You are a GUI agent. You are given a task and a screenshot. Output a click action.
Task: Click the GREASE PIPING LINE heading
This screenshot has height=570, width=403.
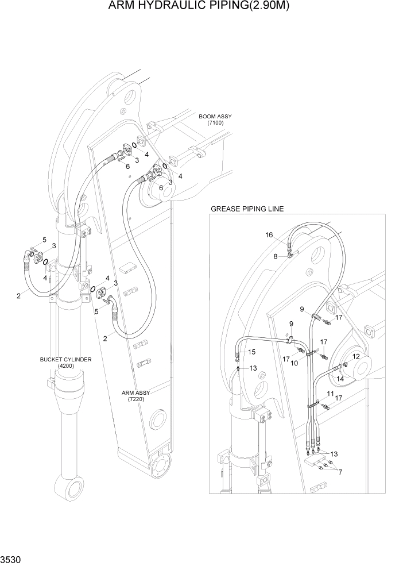point(247,209)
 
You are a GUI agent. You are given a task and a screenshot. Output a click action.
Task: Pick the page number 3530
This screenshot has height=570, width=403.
point(11,559)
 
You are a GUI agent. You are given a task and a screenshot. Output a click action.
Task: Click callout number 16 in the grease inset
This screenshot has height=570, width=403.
point(269,235)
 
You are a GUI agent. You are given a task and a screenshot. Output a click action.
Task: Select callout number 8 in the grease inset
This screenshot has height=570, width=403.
point(276,256)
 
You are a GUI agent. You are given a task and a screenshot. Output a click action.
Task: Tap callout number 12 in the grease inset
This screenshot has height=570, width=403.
point(356,357)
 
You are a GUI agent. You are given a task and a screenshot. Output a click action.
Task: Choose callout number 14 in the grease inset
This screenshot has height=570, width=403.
point(340,379)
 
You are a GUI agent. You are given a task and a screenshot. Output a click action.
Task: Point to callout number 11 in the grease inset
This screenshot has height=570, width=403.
point(330,394)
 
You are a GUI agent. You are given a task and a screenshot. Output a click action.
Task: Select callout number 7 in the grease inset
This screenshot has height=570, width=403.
point(340,472)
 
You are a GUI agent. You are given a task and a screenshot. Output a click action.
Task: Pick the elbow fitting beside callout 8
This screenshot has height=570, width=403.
point(292,251)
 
